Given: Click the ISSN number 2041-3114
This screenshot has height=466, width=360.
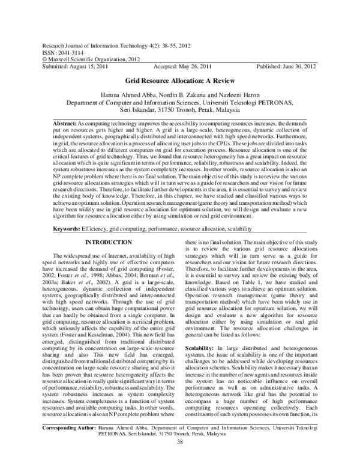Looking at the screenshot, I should (67, 52).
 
